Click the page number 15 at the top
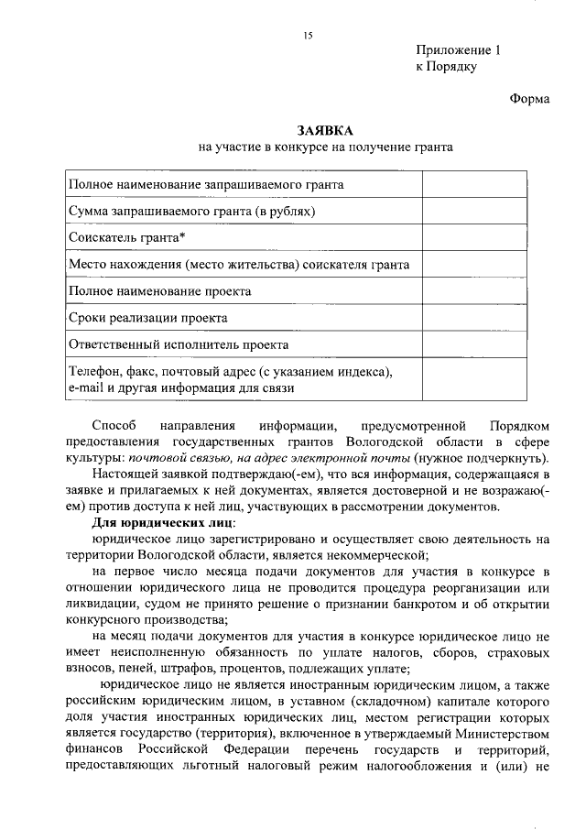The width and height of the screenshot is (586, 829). pyautogui.click(x=308, y=36)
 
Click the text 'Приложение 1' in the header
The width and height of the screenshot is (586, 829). pyautogui.click(x=459, y=51)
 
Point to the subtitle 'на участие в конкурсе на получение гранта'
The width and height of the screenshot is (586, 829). pyautogui.click(x=325, y=147)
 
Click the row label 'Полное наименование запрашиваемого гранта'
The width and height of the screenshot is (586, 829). pyautogui.click(x=206, y=185)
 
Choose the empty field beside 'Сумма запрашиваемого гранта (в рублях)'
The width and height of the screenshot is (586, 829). pyautogui.click(x=474, y=212)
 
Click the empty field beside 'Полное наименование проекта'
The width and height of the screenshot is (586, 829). pyautogui.click(x=474, y=291)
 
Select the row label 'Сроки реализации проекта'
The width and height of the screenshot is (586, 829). pyautogui.click(x=148, y=318)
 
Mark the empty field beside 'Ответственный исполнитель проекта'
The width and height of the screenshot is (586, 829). pyautogui.click(x=474, y=345)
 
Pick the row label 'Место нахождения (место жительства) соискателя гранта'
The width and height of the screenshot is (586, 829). pyautogui.click(x=238, y=265)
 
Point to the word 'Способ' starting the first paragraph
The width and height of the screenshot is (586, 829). pyautogui.click(x=114, y=426)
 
